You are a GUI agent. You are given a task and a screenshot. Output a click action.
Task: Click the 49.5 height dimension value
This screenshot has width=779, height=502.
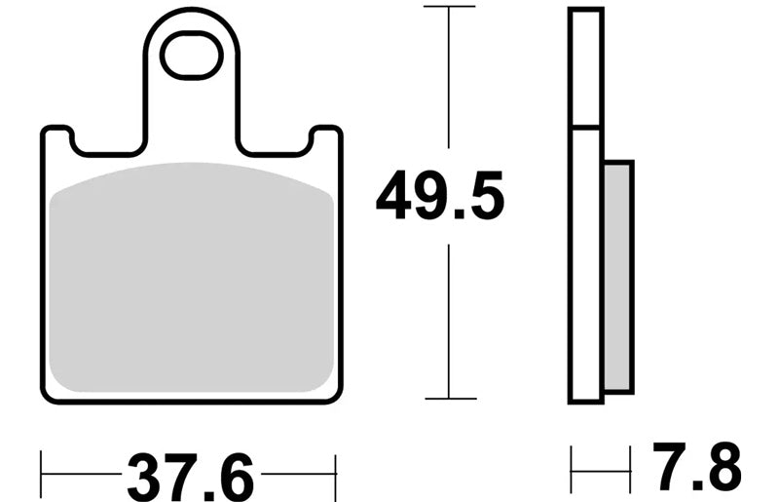click(440, 196)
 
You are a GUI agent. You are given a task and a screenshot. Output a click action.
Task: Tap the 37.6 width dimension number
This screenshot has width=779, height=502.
click(190, 478)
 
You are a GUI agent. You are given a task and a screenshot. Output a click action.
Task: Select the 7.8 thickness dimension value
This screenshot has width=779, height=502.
click(696, 466)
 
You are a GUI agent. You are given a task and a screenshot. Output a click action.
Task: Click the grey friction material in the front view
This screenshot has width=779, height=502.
click(192, 277)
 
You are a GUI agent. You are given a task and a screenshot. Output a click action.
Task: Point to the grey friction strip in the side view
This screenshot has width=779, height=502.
click(618, 277)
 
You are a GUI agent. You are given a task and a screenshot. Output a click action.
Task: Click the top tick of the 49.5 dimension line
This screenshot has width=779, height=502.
click(449, 7)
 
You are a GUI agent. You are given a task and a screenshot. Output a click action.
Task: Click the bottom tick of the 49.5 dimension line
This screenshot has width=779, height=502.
click(451, 399)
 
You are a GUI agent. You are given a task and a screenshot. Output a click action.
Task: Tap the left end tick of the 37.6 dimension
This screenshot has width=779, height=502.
click(41, 474)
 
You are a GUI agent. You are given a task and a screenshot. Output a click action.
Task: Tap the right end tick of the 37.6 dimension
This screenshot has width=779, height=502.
click(335, 477)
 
